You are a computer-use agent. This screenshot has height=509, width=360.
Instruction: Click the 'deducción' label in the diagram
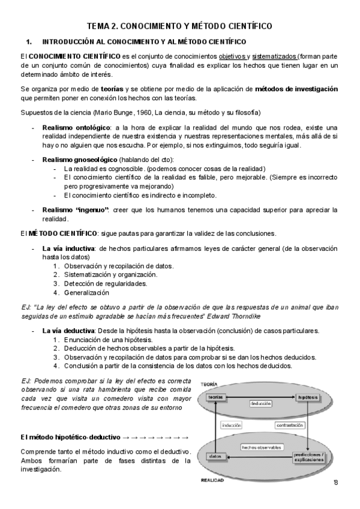(262, 403)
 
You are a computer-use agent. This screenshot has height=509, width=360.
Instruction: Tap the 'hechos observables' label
(262, 447)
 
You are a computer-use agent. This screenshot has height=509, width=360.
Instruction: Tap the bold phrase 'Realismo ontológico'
(76, 127)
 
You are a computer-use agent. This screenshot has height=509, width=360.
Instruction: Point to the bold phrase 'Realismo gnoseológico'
(80, 159)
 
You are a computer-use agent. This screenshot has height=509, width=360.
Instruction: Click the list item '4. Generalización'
(82, 293)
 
